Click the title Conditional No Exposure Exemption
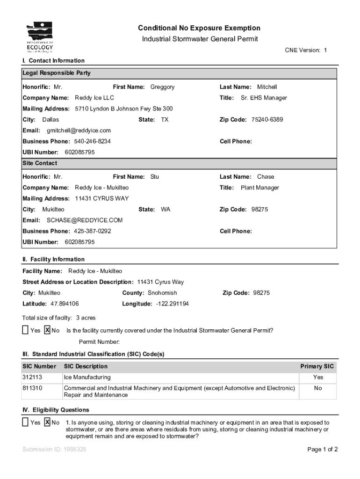(200, 28)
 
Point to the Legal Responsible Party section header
(57, 73)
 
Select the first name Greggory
(162, 87)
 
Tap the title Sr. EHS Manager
(264, 98)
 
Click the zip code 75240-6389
(267, 120)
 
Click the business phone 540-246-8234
(92, 141)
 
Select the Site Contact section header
(40, 163)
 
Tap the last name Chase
(266, 177)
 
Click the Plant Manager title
(259, 188)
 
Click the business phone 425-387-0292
(92, 231)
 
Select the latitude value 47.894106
(65, 304)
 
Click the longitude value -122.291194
(169, 304)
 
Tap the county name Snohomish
(162, 293)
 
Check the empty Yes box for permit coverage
(25, 330)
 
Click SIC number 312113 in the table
(32, 377)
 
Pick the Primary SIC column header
(317, 366)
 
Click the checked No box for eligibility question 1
(47, 422)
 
